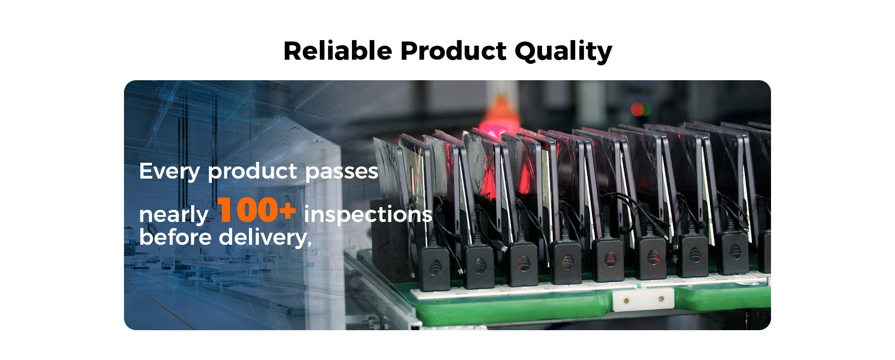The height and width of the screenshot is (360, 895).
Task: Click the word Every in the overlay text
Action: (170, 172)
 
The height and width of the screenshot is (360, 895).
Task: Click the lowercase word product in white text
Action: (253, 172)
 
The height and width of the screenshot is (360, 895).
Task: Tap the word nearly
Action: (173, 215)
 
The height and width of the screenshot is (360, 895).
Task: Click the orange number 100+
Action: (257, 210)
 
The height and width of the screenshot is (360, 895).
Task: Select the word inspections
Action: (368, 214)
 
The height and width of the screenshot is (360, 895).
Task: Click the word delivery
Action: (263, 238)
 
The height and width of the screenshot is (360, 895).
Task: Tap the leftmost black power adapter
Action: (434, 268)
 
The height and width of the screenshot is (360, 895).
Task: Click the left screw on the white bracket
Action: (626, 301)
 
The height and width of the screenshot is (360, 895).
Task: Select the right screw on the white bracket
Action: (661, 298)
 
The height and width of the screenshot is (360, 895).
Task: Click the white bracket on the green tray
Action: (644, 299)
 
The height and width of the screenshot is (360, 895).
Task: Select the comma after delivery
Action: (309, 243)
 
